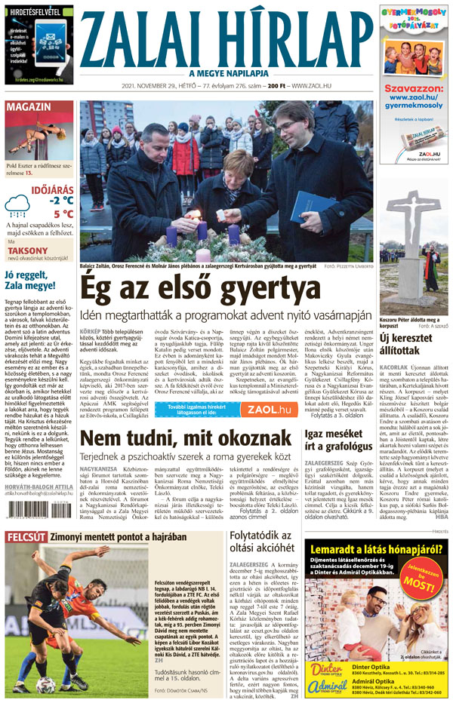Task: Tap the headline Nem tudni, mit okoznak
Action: (x=187, y=439)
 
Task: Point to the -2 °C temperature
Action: (x=61, y=200)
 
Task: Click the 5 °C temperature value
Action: (x=63, y=213)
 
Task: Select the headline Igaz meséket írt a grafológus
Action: (x=337, y=440)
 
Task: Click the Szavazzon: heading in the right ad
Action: (x=412, y=89)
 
